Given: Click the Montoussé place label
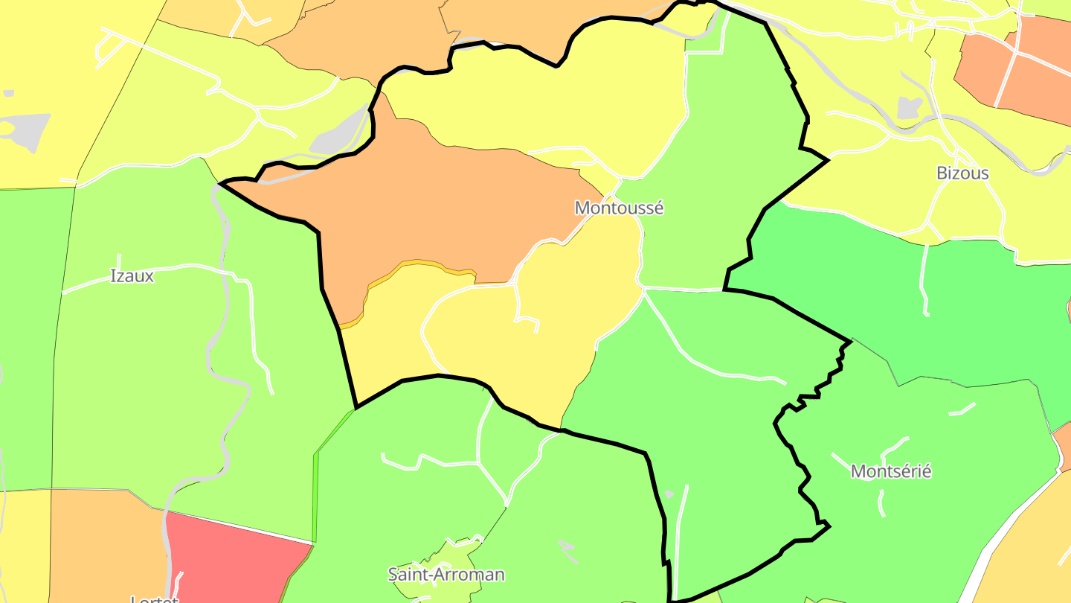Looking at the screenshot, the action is tap(619, 208).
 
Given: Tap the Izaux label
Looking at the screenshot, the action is tap(132, 276).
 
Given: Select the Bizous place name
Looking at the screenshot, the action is tap(962, 173).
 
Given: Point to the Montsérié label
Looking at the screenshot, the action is tap(890, 472).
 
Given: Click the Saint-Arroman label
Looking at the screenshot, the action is tap(446, 575).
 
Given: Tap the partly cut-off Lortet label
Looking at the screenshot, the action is tap(154, 599).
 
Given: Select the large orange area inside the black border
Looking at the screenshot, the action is tap(431, 208).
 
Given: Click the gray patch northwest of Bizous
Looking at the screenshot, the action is tap(909, 108).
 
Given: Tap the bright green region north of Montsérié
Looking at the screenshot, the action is tap(915, 298).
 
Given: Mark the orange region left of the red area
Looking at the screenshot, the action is tap(104, 543).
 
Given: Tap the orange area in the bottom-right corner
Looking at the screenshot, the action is tap(1034, 551).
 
